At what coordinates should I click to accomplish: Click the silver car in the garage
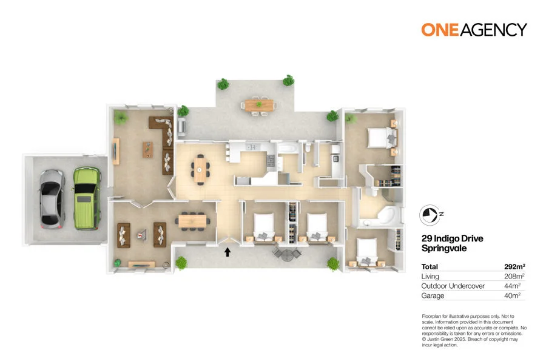[x=52, y=197]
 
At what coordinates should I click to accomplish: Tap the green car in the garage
[x=86, y=197]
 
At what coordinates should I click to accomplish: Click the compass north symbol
[x=430, y=214]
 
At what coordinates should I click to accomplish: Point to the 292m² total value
[x=514, y=266]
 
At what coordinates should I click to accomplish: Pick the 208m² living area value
[x=514, y=276]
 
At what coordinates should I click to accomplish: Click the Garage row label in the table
[x=433, y=295]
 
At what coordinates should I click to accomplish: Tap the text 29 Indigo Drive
[x=452, y=238]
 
